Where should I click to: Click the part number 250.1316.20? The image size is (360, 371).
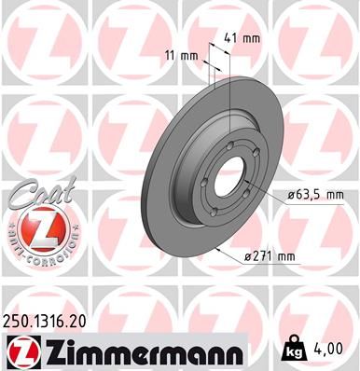(x=54, y=321)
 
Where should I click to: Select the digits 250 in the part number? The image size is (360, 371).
(x=20, y=321)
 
